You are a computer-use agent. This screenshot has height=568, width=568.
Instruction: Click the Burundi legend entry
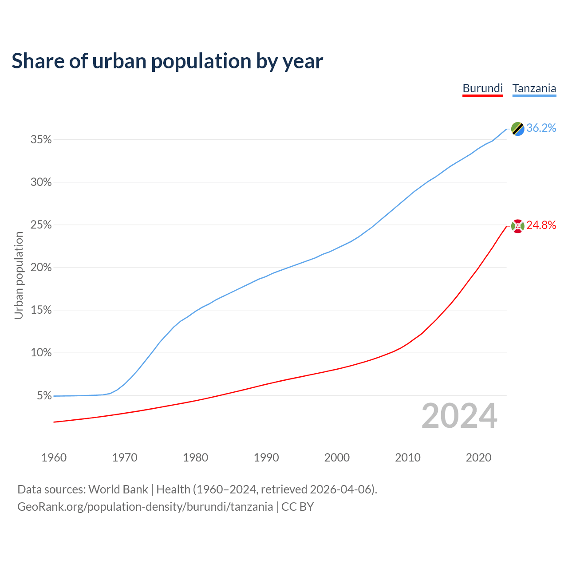click(482, 88)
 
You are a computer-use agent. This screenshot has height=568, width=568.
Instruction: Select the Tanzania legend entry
click(534, 88)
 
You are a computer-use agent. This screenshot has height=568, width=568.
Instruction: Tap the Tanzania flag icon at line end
click(517, 129)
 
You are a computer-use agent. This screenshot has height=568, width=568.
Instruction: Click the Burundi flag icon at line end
click(517, 226)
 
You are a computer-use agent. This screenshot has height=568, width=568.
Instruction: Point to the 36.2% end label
click(541, 128)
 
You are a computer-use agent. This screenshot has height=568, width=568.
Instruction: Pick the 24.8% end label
click(541, 225)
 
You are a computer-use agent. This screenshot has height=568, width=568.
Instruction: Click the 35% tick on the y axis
click(41, 140)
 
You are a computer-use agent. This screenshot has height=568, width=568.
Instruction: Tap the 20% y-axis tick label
click(41, 268)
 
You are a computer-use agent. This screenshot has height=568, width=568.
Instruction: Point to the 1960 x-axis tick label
click(54, 458)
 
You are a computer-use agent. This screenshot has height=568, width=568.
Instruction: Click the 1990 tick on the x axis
click(266, 458)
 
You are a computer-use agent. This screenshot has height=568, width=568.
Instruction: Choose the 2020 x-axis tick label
click(478, 458)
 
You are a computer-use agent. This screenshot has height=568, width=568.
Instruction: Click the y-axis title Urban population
click(19, 275)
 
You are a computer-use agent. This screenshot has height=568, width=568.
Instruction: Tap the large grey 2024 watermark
click(459, 416)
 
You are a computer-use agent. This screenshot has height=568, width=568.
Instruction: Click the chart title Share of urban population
click(167, 61)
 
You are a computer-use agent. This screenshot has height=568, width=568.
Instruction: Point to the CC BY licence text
click(297, 507)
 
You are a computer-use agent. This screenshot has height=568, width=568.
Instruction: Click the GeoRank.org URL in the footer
click(145, 507)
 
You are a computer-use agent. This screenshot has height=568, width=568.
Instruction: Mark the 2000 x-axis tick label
click(337, 458)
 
